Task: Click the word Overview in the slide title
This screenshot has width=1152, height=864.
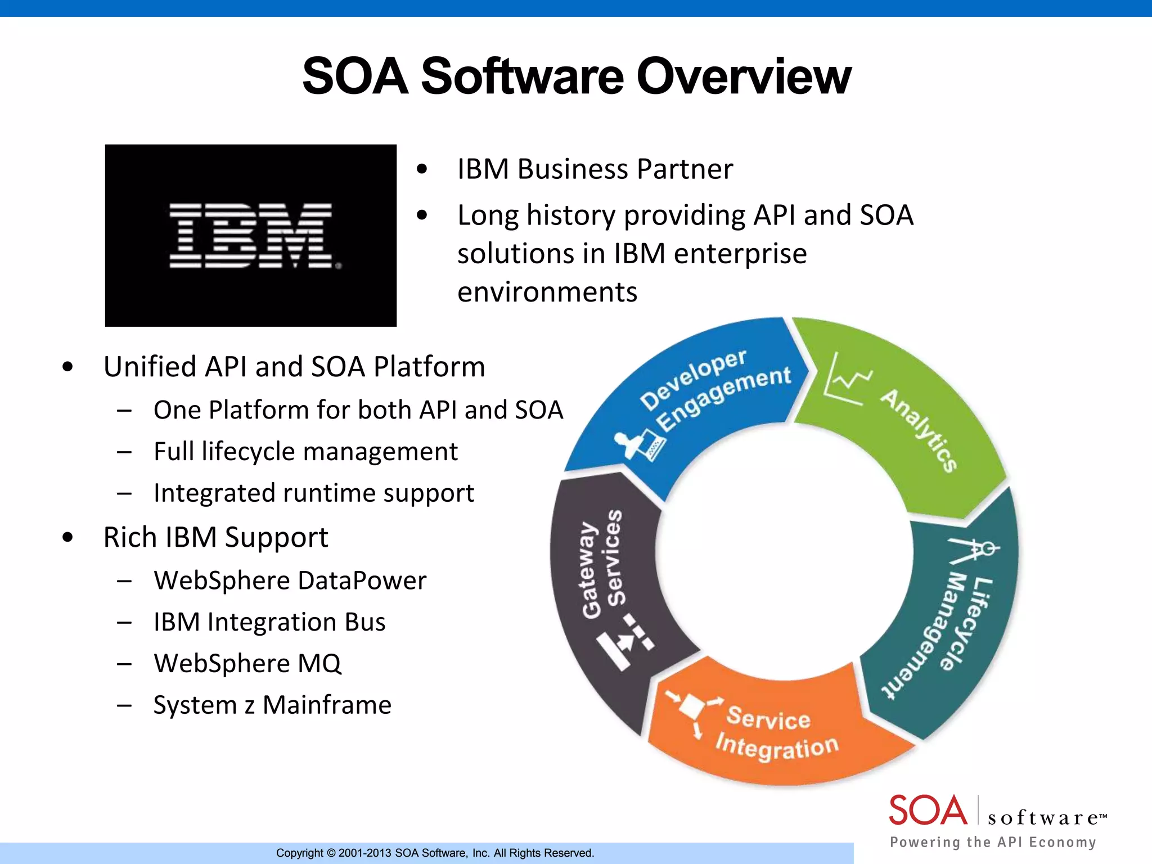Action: coord(744,76)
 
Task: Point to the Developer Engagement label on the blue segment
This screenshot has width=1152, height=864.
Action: coord(715,388)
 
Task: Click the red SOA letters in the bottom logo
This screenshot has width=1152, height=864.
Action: coord(928,811)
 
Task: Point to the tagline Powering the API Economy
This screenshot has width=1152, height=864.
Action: coord(993,842)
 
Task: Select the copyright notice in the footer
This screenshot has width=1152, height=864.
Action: coord(435,853)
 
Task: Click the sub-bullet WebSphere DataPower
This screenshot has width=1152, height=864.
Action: coord(290,580)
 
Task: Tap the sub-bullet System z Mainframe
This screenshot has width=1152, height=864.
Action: coord(272,705)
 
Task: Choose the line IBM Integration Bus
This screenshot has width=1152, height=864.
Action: coord(269,622)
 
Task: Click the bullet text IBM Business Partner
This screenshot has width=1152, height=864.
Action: coord(595,169)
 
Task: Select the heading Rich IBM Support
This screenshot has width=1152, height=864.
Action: coord(215,537)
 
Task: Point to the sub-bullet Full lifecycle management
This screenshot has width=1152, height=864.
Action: coord(305,452)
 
